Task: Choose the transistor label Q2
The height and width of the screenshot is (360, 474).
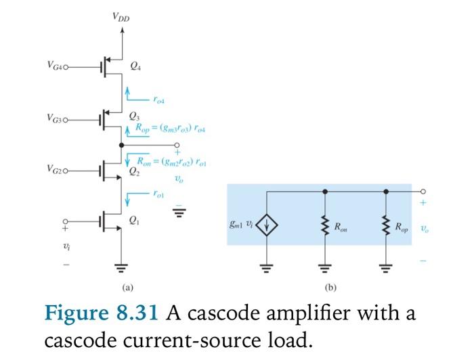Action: coord(134,171)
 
